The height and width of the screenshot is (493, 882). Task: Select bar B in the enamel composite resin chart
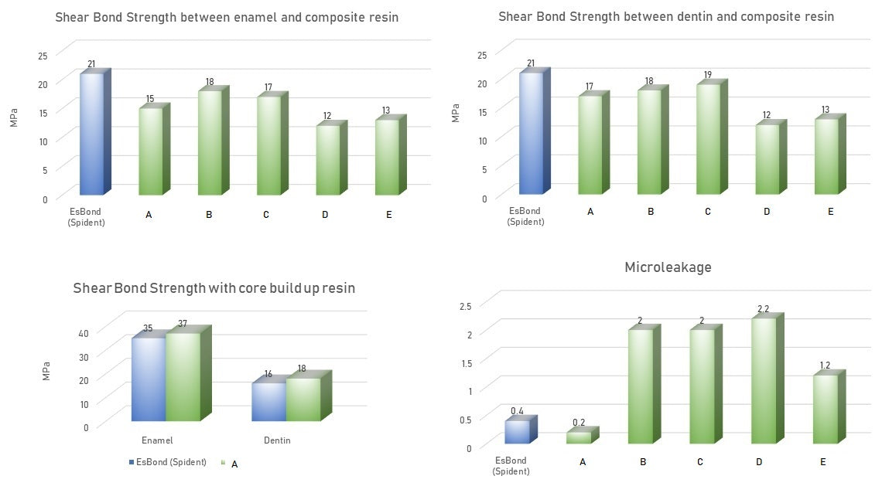coord(209,143)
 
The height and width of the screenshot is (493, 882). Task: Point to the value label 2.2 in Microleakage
coord(762,309)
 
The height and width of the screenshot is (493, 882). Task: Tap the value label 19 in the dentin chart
coord(708,75)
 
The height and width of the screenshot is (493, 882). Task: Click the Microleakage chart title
coord(668,267)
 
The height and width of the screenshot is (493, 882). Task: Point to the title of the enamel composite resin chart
coord(227,17)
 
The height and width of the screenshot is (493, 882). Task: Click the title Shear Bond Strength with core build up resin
coord(214,288)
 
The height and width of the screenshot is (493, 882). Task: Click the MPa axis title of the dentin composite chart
coord(455,113)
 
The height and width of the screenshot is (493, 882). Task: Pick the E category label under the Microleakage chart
coord(822,462)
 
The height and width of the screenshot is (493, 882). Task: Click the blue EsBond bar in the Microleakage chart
coord(517,432)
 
